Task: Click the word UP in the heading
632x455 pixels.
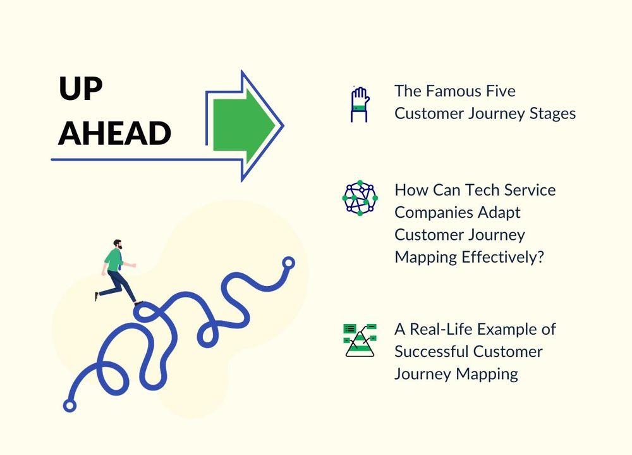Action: point(81,89)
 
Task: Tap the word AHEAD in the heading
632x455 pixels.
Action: point(115,134)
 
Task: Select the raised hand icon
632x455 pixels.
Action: point(360,104)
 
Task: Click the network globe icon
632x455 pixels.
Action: point(360,198)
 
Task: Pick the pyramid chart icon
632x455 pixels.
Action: point(360,340)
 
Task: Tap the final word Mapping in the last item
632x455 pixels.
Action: point(487,374)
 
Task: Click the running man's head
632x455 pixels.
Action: point(118,244)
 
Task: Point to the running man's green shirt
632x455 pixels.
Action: point(114,259)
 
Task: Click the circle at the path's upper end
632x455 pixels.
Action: point(288,263)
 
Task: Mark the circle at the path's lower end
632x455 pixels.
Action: point(70,406)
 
